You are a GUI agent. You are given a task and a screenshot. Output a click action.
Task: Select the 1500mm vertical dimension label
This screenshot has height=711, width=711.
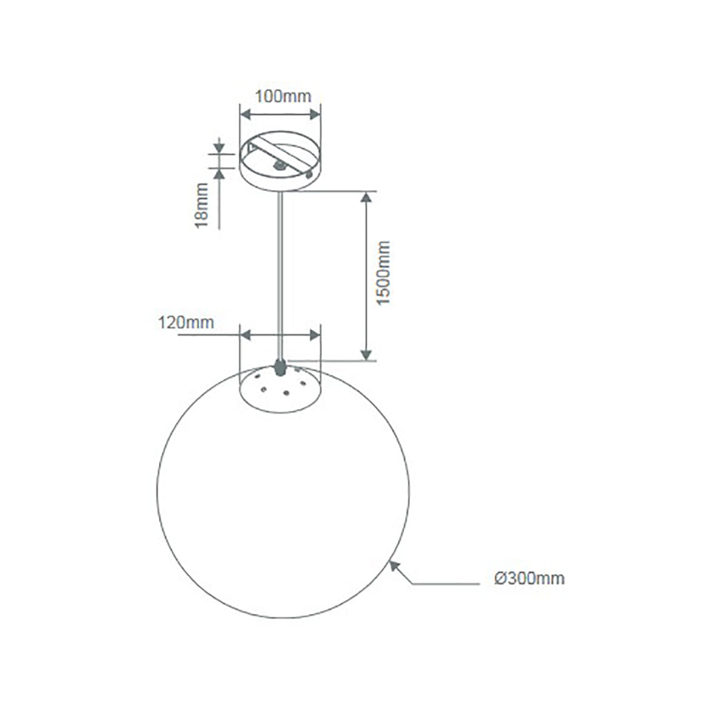385,273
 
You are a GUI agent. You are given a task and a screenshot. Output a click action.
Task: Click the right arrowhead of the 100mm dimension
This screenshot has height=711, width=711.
315,112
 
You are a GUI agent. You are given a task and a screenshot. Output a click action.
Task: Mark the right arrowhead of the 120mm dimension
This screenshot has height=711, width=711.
315,334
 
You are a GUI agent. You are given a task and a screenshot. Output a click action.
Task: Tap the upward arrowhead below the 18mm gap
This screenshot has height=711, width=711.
219,171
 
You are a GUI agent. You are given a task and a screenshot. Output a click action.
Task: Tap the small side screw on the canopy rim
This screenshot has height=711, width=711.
309,172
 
